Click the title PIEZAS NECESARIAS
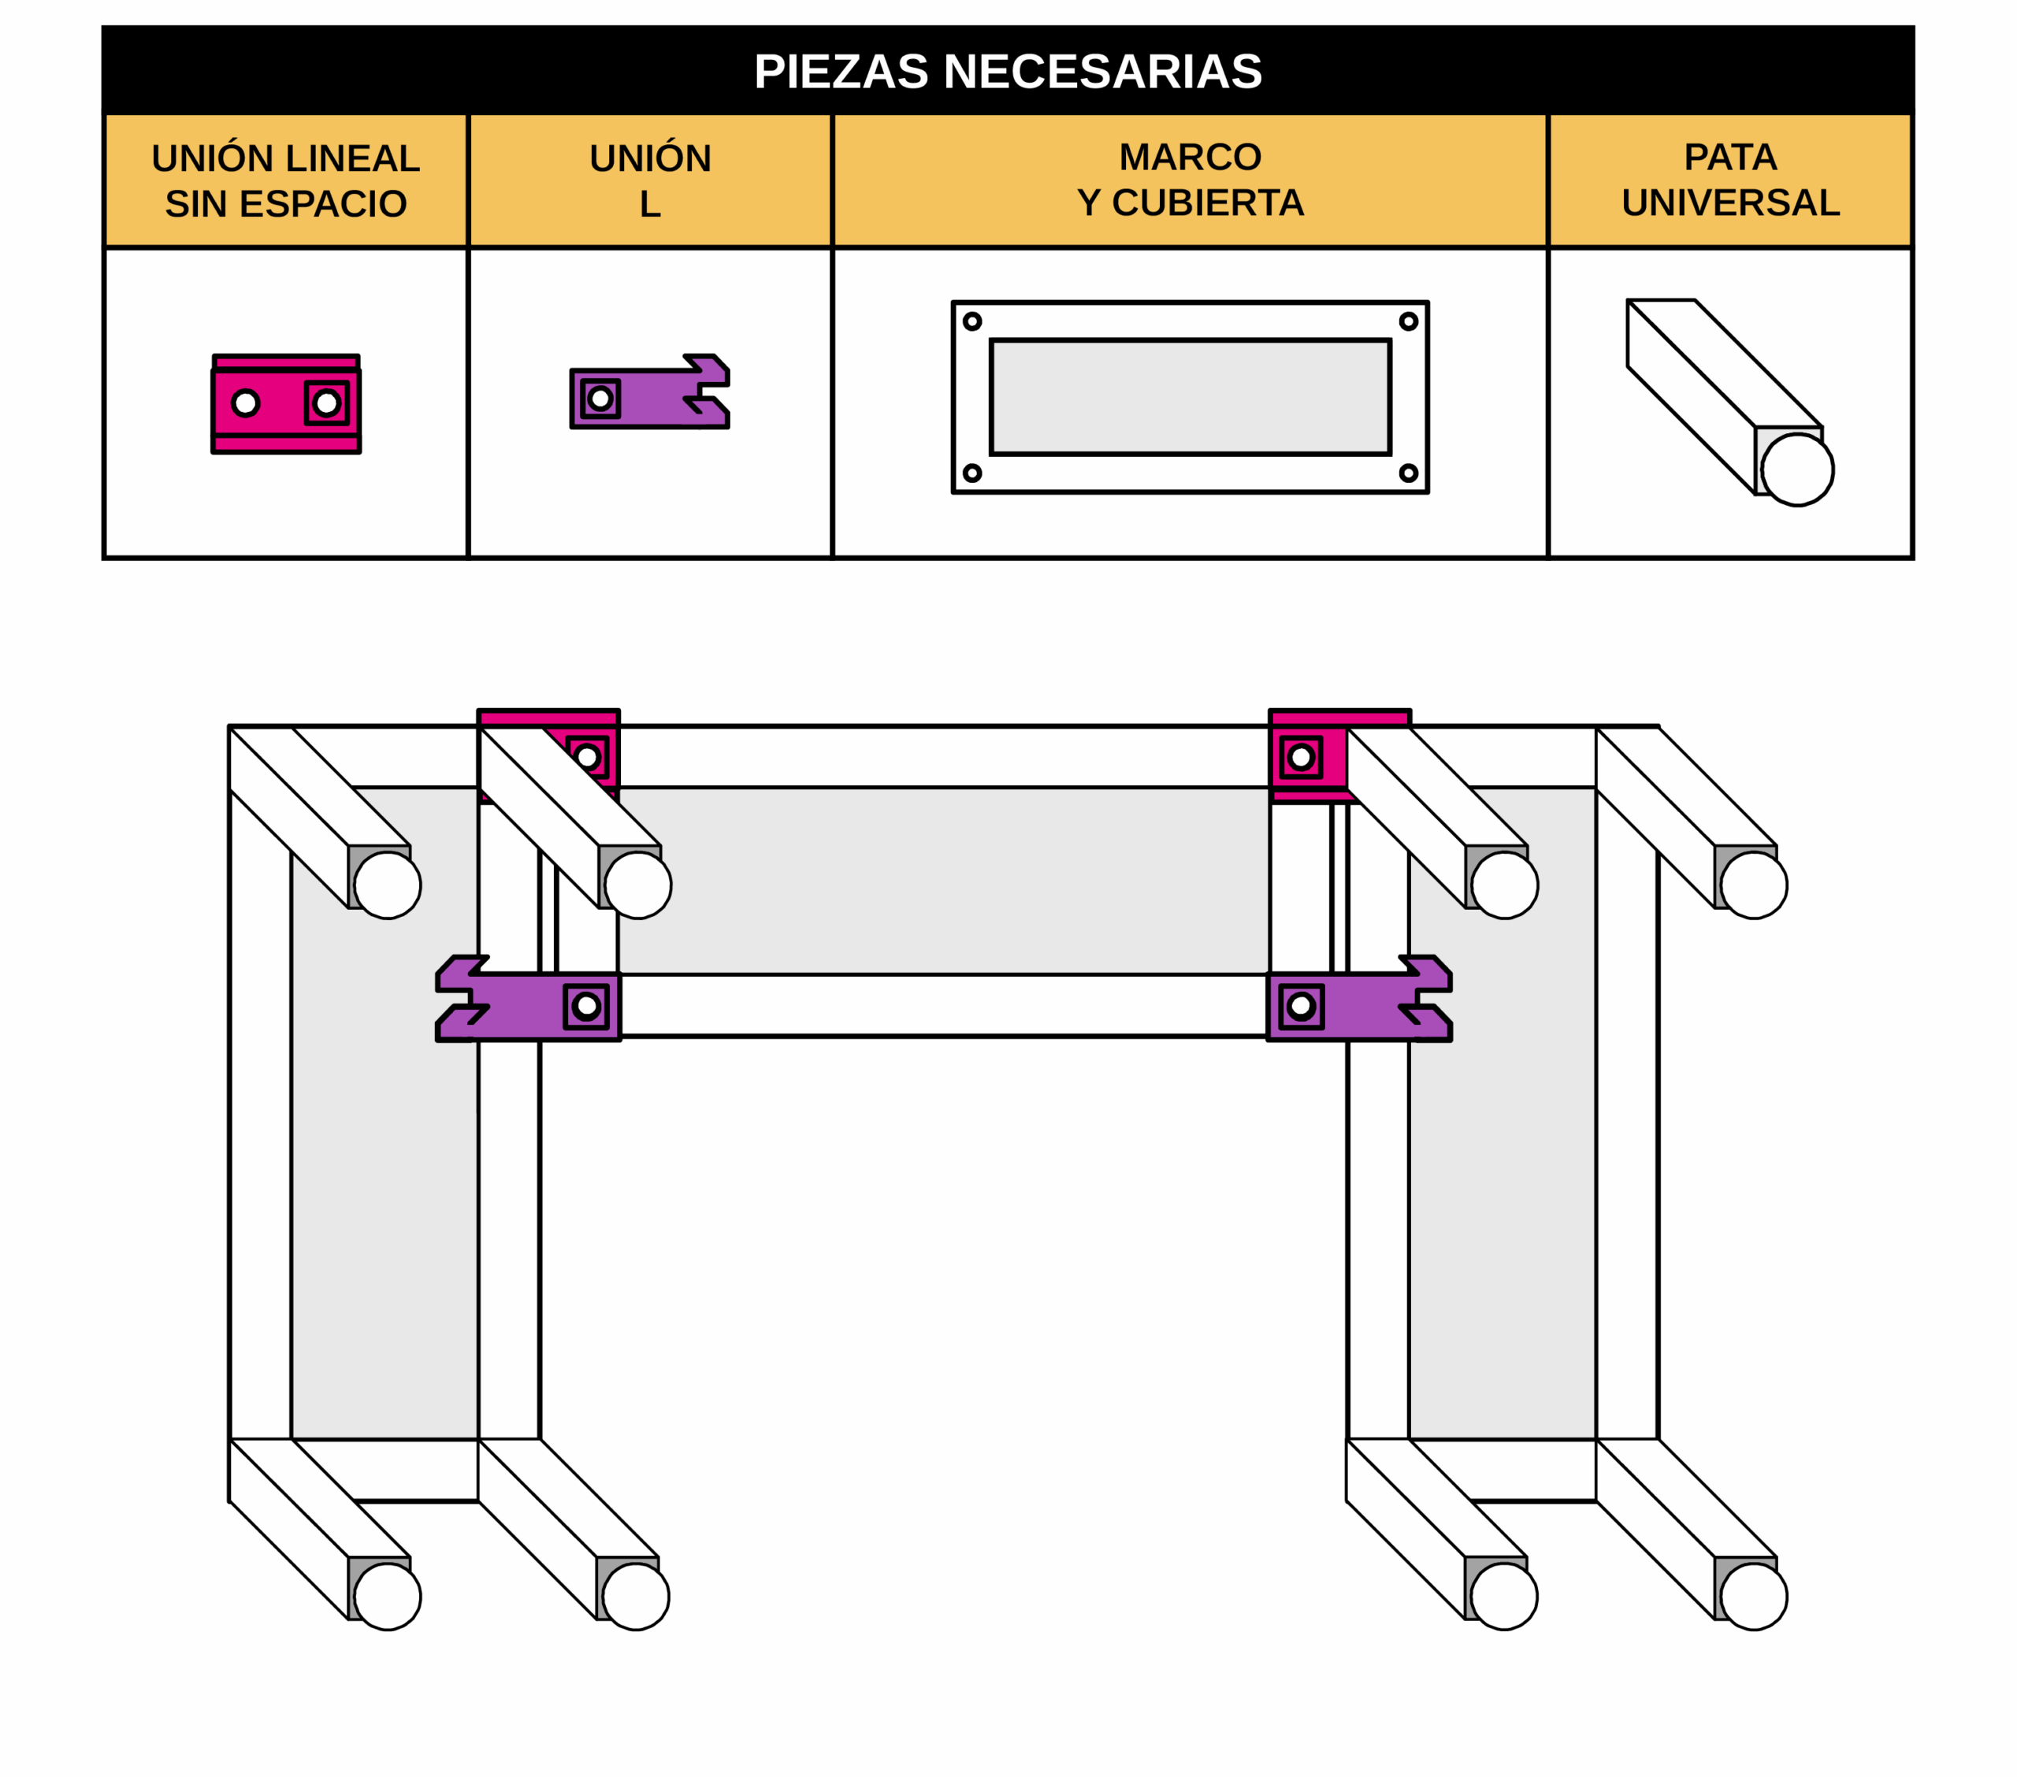point(1008,71)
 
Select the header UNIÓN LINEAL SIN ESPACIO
point(285,180)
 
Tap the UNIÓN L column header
point(649,180)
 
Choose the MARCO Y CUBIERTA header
point(1190,180)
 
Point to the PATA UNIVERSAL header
point(1730,180)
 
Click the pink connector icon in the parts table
point(286,403)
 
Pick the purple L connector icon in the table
point(649,391)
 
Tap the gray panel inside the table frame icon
point(1190,397)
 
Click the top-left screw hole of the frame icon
point(972,321)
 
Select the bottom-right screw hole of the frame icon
point(1408,473)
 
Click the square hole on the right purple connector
point(1302,1005)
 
